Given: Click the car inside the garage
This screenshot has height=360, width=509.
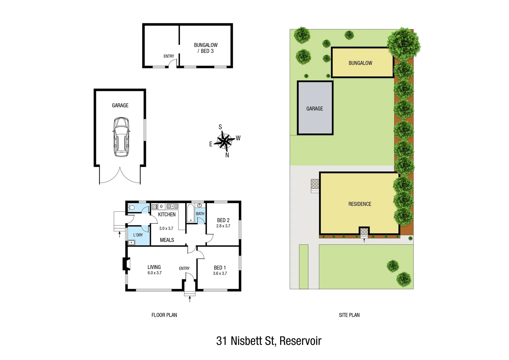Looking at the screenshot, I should [x=121, y=137].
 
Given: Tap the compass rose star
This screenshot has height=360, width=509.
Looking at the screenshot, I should [x=225, y=141].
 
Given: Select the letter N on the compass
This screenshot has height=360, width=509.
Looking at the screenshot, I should [x=227, y=155].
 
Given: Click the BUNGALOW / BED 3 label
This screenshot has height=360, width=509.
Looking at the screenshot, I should [x=206, y=48].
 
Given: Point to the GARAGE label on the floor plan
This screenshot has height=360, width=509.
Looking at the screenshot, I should [x=120, y=105].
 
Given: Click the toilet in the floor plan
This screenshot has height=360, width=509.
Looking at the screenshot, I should [x=131, y=208].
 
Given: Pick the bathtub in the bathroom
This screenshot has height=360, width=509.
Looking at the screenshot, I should [x=190, y=213].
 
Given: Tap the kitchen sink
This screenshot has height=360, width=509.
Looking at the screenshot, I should [x=172, y=206].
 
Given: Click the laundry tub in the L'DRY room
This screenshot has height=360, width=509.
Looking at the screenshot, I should [x=131, y=242].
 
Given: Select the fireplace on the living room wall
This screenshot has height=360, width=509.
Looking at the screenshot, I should [x=126, y=264].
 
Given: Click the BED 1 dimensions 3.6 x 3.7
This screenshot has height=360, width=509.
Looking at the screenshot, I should [x=220, y=273].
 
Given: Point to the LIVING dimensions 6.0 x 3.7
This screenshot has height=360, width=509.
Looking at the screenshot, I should [x=155, y=273].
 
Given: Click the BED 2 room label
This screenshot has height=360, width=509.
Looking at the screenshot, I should [x=223, y=220].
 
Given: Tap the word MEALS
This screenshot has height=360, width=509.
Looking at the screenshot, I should [x=167, y=240].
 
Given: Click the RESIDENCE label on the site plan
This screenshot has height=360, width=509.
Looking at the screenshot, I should [x=360, y=204].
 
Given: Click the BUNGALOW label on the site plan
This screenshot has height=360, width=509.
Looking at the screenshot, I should [x=360, y=63].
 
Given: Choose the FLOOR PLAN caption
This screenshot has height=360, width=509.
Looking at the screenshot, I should [x=164, y=315].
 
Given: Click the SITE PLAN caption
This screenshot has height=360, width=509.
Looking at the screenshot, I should [x=349, y=315].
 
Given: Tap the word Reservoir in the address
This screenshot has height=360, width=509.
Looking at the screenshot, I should [x=300, y=341].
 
